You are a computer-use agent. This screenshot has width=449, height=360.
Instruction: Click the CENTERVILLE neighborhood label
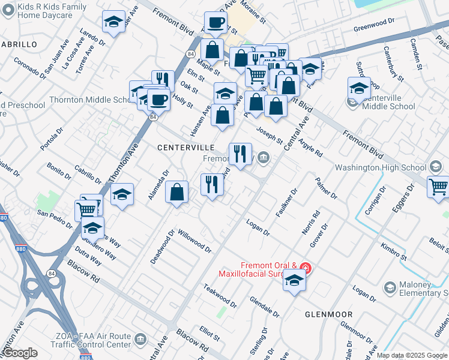tap(185, 147)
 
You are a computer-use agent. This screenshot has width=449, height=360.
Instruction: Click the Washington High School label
tap(381, 167)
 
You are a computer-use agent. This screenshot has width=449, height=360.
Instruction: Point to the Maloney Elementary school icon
tap(390, 289)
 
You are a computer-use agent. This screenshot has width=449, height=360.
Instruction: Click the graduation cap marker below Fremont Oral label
tap(294, 280)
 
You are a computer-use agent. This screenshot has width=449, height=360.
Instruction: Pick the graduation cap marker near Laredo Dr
tap(113, 22)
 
